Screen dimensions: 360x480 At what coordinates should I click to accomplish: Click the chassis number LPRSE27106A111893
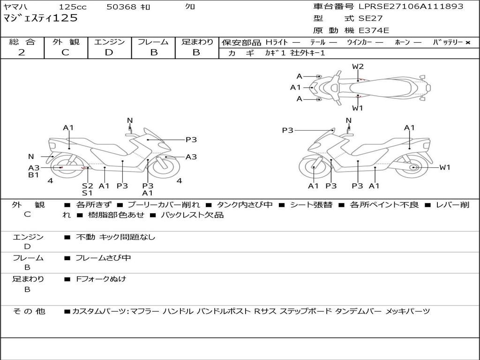[x=411, y=7]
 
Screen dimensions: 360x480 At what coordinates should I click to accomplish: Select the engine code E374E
[x=374, y=30]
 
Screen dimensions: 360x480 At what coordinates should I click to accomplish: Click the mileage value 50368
[x=121, y=7]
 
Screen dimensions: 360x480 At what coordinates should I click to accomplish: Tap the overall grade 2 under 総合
[x=22, y=52]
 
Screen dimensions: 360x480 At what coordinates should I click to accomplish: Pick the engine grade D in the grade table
[x=109, y=52]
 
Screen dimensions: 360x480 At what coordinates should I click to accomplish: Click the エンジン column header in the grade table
[x=109, y=42]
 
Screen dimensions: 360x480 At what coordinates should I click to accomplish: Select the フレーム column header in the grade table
[x=153, y=42]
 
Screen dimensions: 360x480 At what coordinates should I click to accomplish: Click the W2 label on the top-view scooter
[x=358, y=67]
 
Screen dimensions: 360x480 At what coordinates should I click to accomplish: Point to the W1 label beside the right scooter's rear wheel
[x=444, y=167]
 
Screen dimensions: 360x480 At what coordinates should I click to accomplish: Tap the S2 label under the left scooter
[x=88, y=186]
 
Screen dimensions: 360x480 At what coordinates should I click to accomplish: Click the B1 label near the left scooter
[x=33, y=175]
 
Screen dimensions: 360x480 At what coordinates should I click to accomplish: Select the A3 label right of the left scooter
[x=191, y=157]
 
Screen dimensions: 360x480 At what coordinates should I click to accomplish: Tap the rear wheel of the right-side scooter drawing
[x=413, y=167]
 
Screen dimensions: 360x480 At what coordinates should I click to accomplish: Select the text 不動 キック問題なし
[x=115, y=237]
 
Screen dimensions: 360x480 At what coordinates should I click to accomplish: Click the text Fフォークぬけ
[x=101, y=279]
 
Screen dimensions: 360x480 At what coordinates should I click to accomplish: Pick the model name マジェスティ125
[x=40, y=18]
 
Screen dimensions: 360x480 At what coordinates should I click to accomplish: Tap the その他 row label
[x=29, y=311]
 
